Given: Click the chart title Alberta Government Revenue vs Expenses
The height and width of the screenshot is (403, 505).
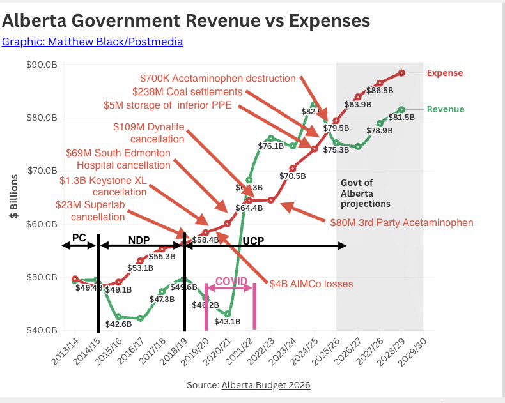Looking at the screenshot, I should [x=186, y=20].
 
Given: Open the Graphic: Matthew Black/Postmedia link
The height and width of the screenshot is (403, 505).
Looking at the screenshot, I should [x=93, y=42].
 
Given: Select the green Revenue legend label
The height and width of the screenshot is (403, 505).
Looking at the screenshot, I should [x=445, y=109].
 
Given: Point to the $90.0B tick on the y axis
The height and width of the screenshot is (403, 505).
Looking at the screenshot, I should [x=42, y=65].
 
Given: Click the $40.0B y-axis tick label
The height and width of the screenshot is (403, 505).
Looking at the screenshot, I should [x=42, y=330].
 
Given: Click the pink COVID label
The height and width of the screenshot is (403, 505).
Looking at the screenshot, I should [x=231, y=281].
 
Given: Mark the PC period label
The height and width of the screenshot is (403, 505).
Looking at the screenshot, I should [x=79, y=237].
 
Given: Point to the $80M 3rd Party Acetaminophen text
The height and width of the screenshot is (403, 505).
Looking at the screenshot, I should [x=401, y=223].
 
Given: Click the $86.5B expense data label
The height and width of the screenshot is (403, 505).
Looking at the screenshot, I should [x=380, y=91].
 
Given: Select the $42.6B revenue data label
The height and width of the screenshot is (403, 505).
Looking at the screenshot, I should [x=119, y=324].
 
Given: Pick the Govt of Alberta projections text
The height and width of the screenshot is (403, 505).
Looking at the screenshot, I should [x=364, y=193].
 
